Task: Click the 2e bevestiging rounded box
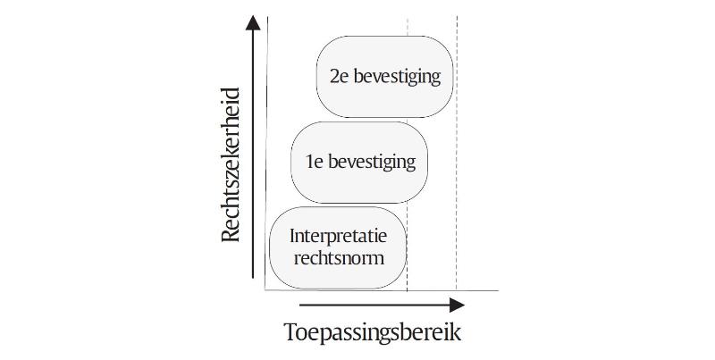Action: pos(385,76)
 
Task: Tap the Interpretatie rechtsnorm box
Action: pos(338,247)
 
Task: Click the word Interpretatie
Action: pos(338,237)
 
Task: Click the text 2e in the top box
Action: pos(339,77)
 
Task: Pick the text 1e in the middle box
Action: pos(314,163)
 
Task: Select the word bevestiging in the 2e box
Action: pos(398,77)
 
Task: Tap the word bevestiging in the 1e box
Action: pos(373,163)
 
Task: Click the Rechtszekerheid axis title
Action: pos(231,165)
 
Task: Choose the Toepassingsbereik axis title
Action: pos(373,332)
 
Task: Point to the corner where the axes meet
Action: pos(266,289)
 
